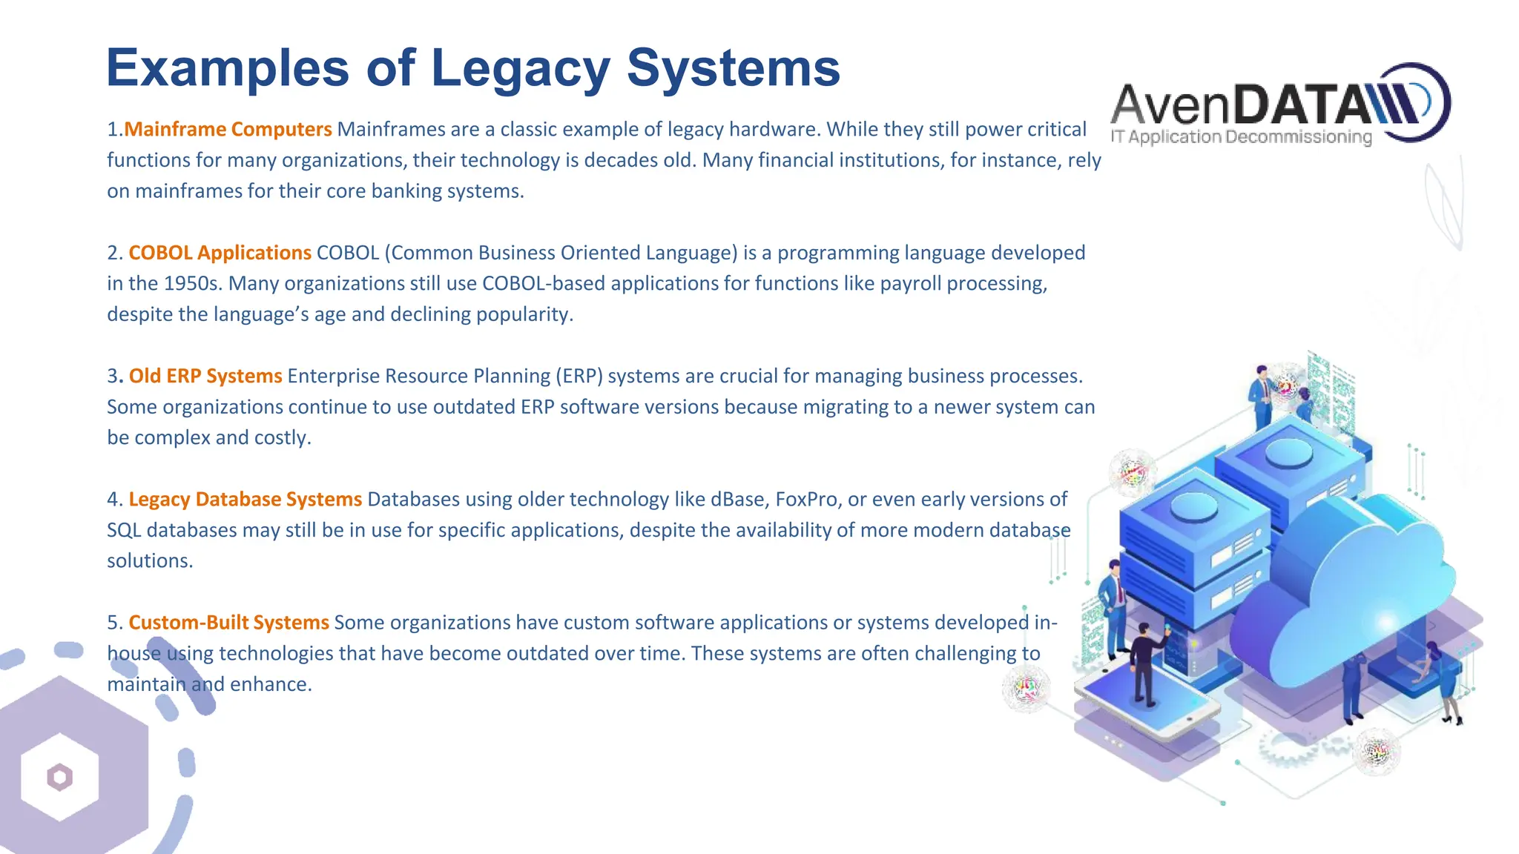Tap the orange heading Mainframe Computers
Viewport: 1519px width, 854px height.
pos(228,129)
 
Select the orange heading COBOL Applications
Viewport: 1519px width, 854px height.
pos(220,253)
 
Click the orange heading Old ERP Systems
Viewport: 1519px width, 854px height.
pos(205,376)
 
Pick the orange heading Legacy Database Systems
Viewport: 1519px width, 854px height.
pos(245,499)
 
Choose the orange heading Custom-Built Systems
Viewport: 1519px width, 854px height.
pos(228,622)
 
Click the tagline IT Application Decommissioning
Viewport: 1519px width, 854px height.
pos(1241,137)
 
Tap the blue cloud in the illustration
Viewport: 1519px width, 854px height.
pos(1342,593)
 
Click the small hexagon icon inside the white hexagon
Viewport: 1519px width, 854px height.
pos(60,777)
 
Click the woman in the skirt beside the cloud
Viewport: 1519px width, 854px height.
pos(1447,682)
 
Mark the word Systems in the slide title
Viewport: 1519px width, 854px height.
pos(734,68)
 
